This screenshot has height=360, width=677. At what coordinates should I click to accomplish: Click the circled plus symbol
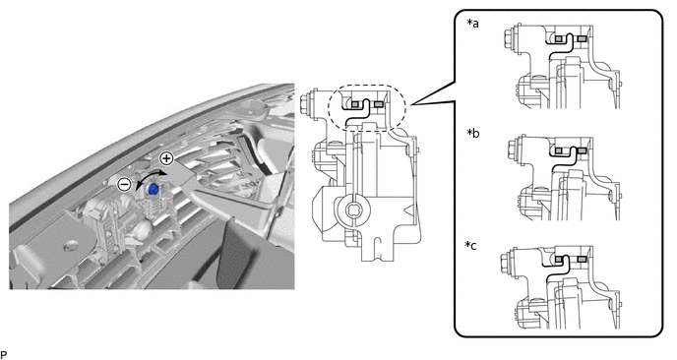(166, 158)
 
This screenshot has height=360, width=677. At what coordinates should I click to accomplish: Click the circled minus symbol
(124, 185)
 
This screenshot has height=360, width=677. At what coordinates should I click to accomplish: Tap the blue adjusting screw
(154, 189)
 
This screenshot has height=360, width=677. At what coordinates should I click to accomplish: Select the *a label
(472, 23)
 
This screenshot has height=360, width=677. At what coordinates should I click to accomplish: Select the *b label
(472, 133)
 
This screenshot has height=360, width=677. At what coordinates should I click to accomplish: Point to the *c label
(471, 245)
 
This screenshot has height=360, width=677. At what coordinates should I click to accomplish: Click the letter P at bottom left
(4, 355)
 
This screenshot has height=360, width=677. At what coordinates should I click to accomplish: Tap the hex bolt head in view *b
(511, 149)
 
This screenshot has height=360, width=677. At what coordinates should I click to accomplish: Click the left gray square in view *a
(559, 38)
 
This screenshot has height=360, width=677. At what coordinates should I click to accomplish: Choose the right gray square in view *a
(582, 38)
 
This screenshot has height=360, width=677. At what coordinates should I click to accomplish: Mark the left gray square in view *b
(559, 150)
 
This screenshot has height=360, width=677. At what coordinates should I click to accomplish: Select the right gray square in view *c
(582, 260)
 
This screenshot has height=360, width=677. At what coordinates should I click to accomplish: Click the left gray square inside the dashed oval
(355, 104)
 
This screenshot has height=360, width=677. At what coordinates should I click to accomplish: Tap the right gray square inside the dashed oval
(379, 104)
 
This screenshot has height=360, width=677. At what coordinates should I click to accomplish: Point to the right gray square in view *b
(582, 150)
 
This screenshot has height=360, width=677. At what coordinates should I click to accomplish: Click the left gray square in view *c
(559, 260)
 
